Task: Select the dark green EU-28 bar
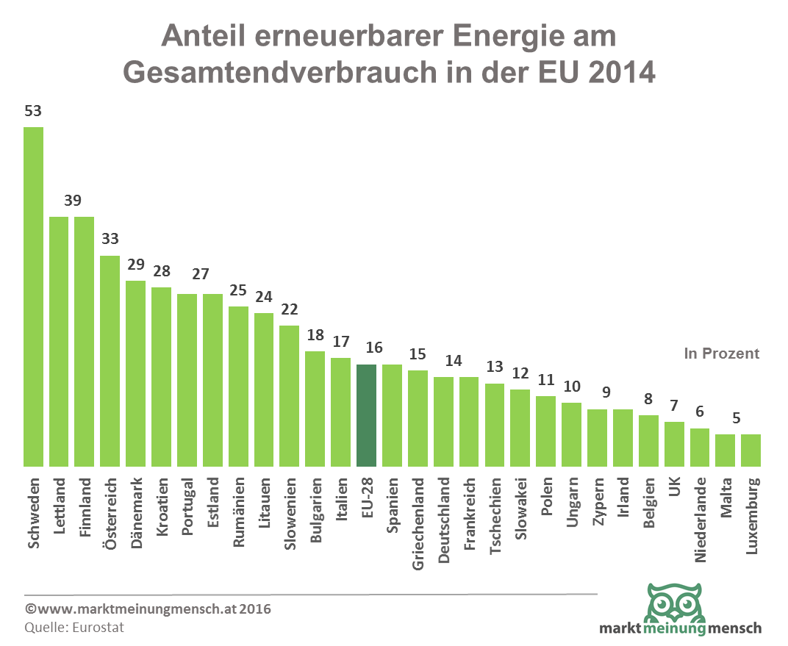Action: click(x=366, y=415)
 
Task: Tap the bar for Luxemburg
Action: click(x=751, y=450)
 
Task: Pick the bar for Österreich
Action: click(x=110, y=360)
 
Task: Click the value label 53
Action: click(x=33, y=112)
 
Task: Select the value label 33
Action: click(x=110, y=240)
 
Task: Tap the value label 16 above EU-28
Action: click(x=366, y=348)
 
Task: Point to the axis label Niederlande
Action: click(x=700, y=519)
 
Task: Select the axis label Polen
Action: click(x=546, y=500)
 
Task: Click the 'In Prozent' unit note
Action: click(x=721, y=353)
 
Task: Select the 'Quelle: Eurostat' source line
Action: click(x=74, y=627)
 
